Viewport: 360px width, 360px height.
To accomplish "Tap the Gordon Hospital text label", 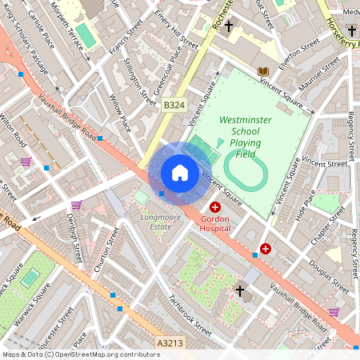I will click(215, 223).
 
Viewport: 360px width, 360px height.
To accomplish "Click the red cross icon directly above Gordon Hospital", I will click(215, 207).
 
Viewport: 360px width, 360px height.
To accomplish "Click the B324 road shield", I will click(173, 105).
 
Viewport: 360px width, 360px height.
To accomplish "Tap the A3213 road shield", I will click(169, 343).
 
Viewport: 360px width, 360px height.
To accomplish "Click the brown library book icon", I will click(262, 72).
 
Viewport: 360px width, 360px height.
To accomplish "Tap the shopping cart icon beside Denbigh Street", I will click(76, 205).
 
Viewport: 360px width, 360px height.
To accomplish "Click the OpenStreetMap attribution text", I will click(81, 354).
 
